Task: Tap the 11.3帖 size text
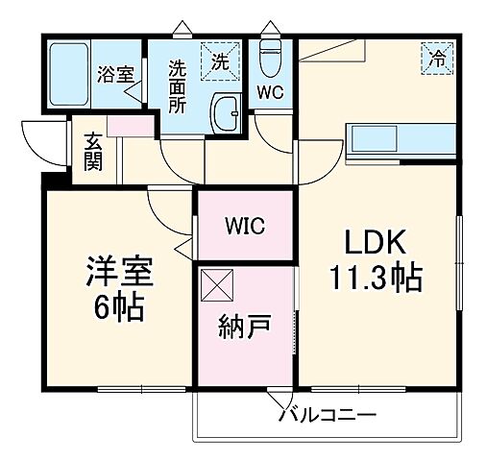click(375, 279)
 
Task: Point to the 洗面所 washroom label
click(178, 86)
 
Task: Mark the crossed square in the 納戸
click(216, 285)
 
